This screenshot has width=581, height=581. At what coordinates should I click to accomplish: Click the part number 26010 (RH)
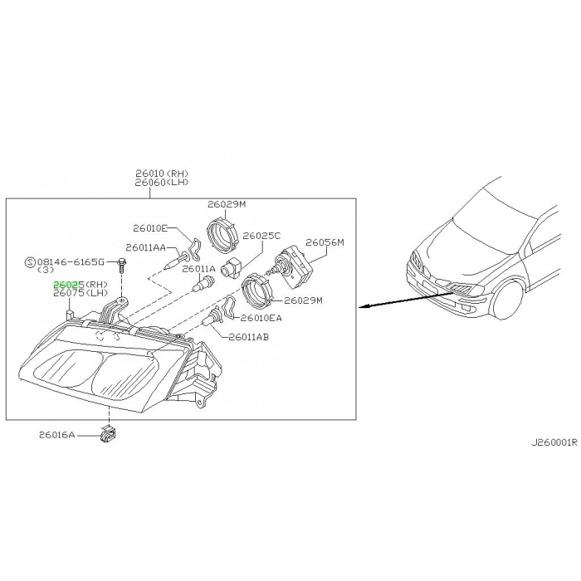[x=162, y=173]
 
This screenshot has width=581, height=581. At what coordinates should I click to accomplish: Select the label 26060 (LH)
[x=162, y=183]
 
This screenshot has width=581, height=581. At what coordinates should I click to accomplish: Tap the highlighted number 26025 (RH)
[x=81, y=285]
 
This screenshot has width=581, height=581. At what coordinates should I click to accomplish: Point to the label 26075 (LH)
[x=81, y=293]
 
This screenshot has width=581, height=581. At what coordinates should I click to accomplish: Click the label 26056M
[x=325, y=242]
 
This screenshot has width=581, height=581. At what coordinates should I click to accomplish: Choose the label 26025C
[x=261, y=236]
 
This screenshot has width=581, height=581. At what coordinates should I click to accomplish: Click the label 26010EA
[x=261, y=318]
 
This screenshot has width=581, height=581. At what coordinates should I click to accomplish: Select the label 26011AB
[x=249, y=337]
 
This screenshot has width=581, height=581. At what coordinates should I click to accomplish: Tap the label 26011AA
[x=145, y=247]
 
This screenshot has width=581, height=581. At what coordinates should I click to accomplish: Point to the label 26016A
[x=57, y=434]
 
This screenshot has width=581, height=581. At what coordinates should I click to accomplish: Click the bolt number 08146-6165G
[x=71, y=262]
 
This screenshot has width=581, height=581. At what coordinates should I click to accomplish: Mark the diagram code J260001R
[x=554, y=442]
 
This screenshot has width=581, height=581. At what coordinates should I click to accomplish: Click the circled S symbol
[x=29, y=262]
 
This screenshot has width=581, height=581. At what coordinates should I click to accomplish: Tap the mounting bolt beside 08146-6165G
[x=122, y=265]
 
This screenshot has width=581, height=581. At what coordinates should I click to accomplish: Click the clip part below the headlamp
[x=107, y=434]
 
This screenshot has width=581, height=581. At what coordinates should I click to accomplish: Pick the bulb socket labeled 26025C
[x=231, y=266]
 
